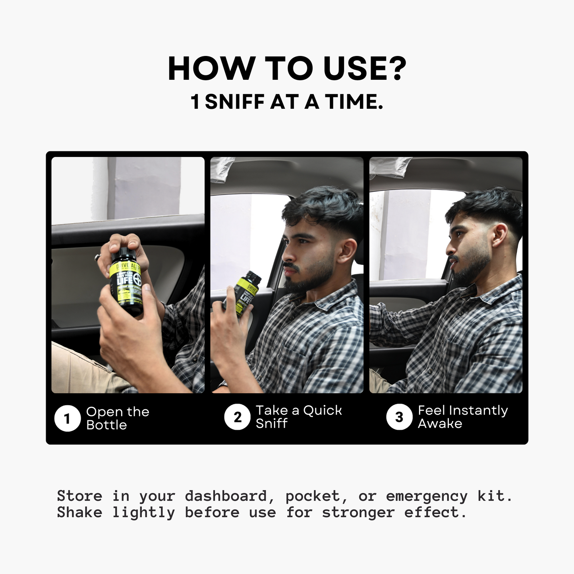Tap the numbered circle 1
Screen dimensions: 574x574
tap(67, 418)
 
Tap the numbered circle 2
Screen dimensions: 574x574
tap(237, 417)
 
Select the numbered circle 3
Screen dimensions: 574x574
tap(399, 417)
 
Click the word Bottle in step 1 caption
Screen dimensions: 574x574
tap(106, 425)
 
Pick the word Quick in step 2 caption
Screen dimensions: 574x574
tap(322, 410)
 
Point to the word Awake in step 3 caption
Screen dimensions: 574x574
tap(440, 424)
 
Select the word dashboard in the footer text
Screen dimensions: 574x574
tap(226, 496)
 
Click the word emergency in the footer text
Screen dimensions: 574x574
tap(427, 496)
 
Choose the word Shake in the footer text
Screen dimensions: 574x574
tap(79, 512)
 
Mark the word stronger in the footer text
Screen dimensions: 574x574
tap(358, 512)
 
